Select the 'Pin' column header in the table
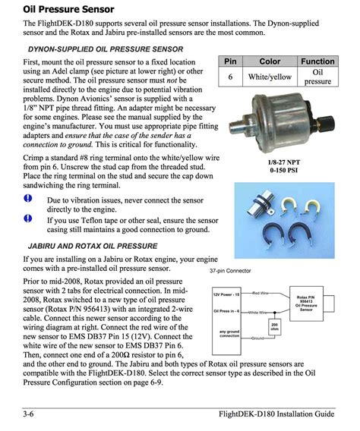tap(230, 61)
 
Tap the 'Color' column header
tap(270, 61)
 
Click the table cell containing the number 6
tap(230, 77)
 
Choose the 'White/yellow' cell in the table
tap(270, 77)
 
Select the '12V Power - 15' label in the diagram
tap(226, 293)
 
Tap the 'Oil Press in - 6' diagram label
tap(227, 311)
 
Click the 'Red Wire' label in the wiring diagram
tap(260, 292)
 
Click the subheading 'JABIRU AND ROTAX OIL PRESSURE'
tap(93, 247)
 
